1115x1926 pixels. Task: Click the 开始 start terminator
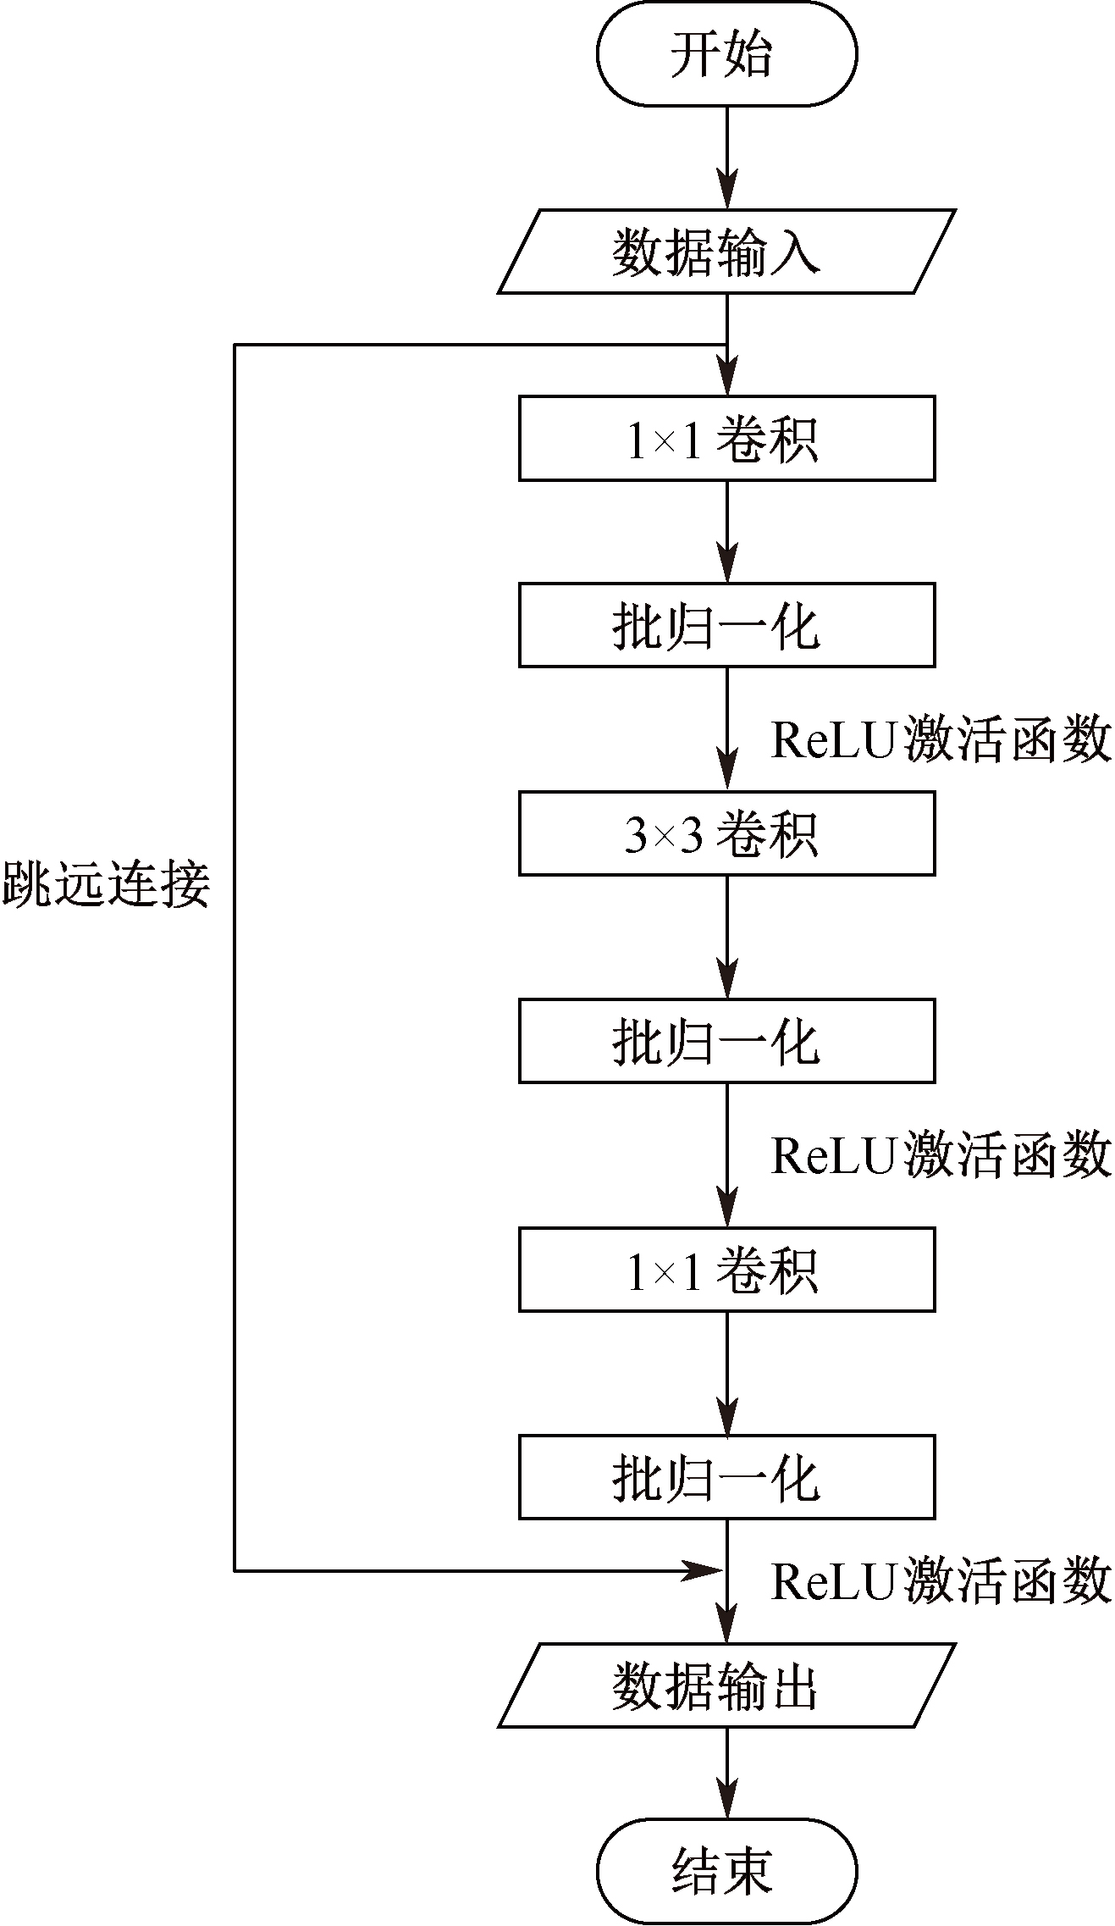(726, 53)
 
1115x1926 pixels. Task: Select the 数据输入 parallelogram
(726, 252)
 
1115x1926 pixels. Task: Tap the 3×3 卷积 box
(726, 833)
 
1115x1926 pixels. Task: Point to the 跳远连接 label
(106, 886)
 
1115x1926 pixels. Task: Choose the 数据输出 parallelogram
(726, 1685)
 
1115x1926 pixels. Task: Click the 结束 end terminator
(726, 1871)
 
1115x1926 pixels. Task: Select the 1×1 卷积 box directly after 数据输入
(726, 439)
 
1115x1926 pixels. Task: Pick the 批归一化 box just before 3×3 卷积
(726, 625)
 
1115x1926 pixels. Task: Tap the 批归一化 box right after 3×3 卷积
(726, 1041)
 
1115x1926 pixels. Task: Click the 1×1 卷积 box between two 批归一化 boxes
(726, 1270)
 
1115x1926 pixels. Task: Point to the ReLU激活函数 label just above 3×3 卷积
(941, 739)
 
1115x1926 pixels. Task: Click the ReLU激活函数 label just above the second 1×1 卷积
(941, 1154)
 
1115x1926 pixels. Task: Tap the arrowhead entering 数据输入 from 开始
(726, 189)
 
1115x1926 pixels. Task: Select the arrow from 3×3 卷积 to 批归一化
(726, 937)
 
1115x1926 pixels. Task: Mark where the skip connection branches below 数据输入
(726, 345)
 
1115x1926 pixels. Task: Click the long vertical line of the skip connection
(235, 958)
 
